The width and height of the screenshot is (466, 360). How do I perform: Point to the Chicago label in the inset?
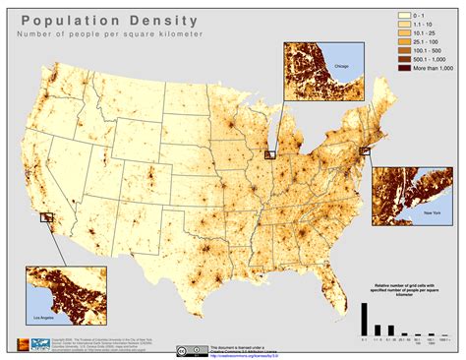[x=341, y=67]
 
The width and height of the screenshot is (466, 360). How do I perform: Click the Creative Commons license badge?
[x=195, y=348]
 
